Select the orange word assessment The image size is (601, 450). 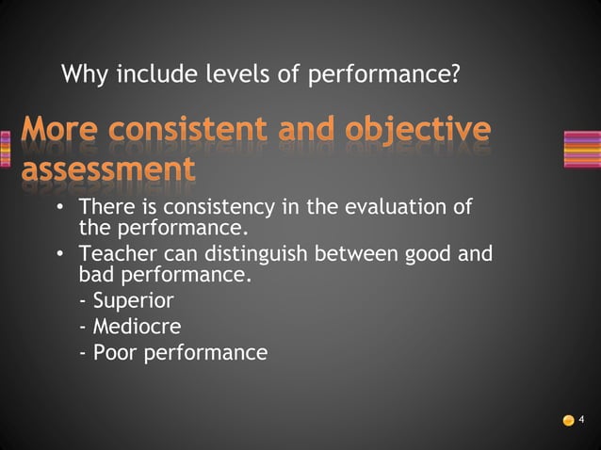[x=108, y=169]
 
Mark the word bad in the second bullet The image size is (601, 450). [x=93, y=277]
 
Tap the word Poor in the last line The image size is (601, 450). [x=112, y=353]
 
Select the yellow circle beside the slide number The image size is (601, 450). [x=568, y=420]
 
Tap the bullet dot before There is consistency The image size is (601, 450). [x=60, y=207]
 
